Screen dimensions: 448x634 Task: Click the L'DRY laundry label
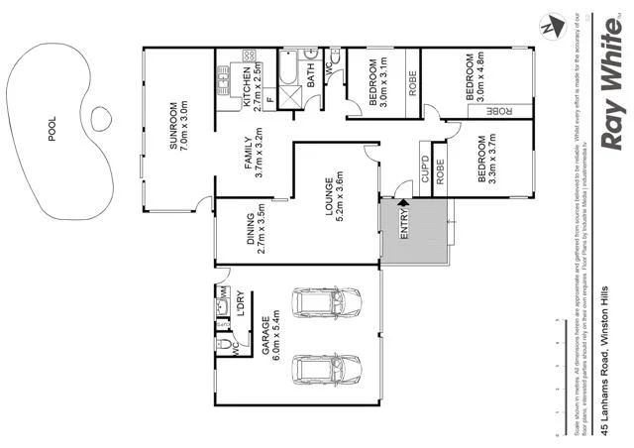pos(242,302)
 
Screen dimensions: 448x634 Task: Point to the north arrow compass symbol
pos(550,28)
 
